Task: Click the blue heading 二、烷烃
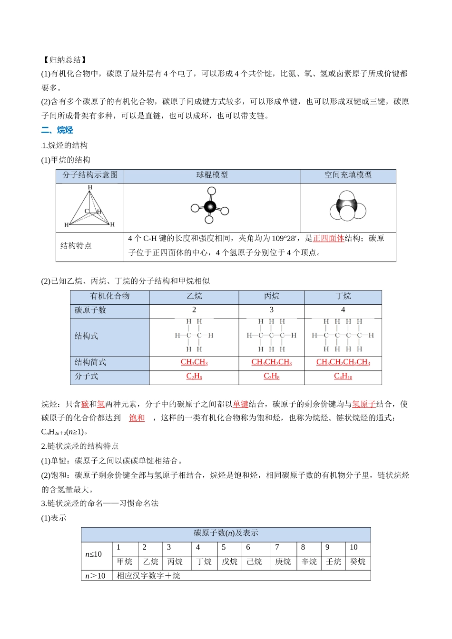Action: click(57, 130)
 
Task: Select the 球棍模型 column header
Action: click(212, 175)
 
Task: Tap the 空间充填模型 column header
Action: click(348, 175)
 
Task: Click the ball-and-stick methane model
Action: click(210, 207)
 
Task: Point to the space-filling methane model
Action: click(347, 207)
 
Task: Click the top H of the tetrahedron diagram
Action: click(90, 187)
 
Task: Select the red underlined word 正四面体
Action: click(328, 238)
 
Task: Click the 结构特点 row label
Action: click(76, 245)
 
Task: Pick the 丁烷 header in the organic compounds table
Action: click(343, 296)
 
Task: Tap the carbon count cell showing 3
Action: click(271, 310)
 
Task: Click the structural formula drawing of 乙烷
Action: click(194, 335)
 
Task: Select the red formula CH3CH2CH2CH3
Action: click(343, 362)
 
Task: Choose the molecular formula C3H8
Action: click(271, 376)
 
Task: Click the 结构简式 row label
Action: click(90, 362)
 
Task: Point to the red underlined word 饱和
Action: click(137, 418)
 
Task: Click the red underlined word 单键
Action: click(240, 404)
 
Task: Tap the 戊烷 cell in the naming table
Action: click(229, 562)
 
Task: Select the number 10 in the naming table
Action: click(354, 547)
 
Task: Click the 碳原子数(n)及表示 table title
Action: click(226, 533)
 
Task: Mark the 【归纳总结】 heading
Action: click(64, 60)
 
